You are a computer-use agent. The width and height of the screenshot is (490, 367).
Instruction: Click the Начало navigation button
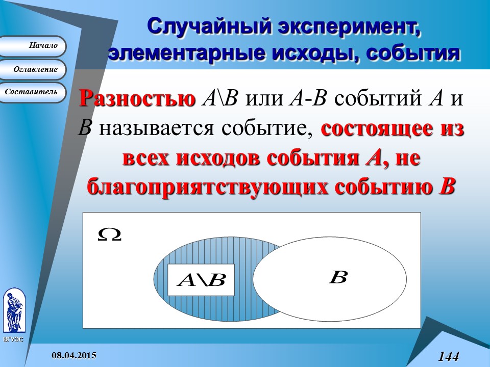click(x=33, y=46)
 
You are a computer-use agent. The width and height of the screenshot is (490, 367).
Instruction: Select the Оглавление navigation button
click(x=34, y=69)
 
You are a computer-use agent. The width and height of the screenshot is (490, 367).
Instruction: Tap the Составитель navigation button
click(x=33, y=92)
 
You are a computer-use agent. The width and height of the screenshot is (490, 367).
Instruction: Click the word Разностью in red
click(x=137, y=98)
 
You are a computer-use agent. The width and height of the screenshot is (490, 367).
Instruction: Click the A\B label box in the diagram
click(x=201, y=280)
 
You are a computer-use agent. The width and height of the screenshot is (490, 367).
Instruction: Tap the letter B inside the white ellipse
click(x=337, y=278)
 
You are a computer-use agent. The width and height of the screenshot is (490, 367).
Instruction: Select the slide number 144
click(x=448, y=356)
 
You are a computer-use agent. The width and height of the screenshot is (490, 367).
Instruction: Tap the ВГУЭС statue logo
click(x=14, y=312)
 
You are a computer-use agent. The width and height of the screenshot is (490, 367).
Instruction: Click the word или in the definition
click(x=264, y=98)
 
